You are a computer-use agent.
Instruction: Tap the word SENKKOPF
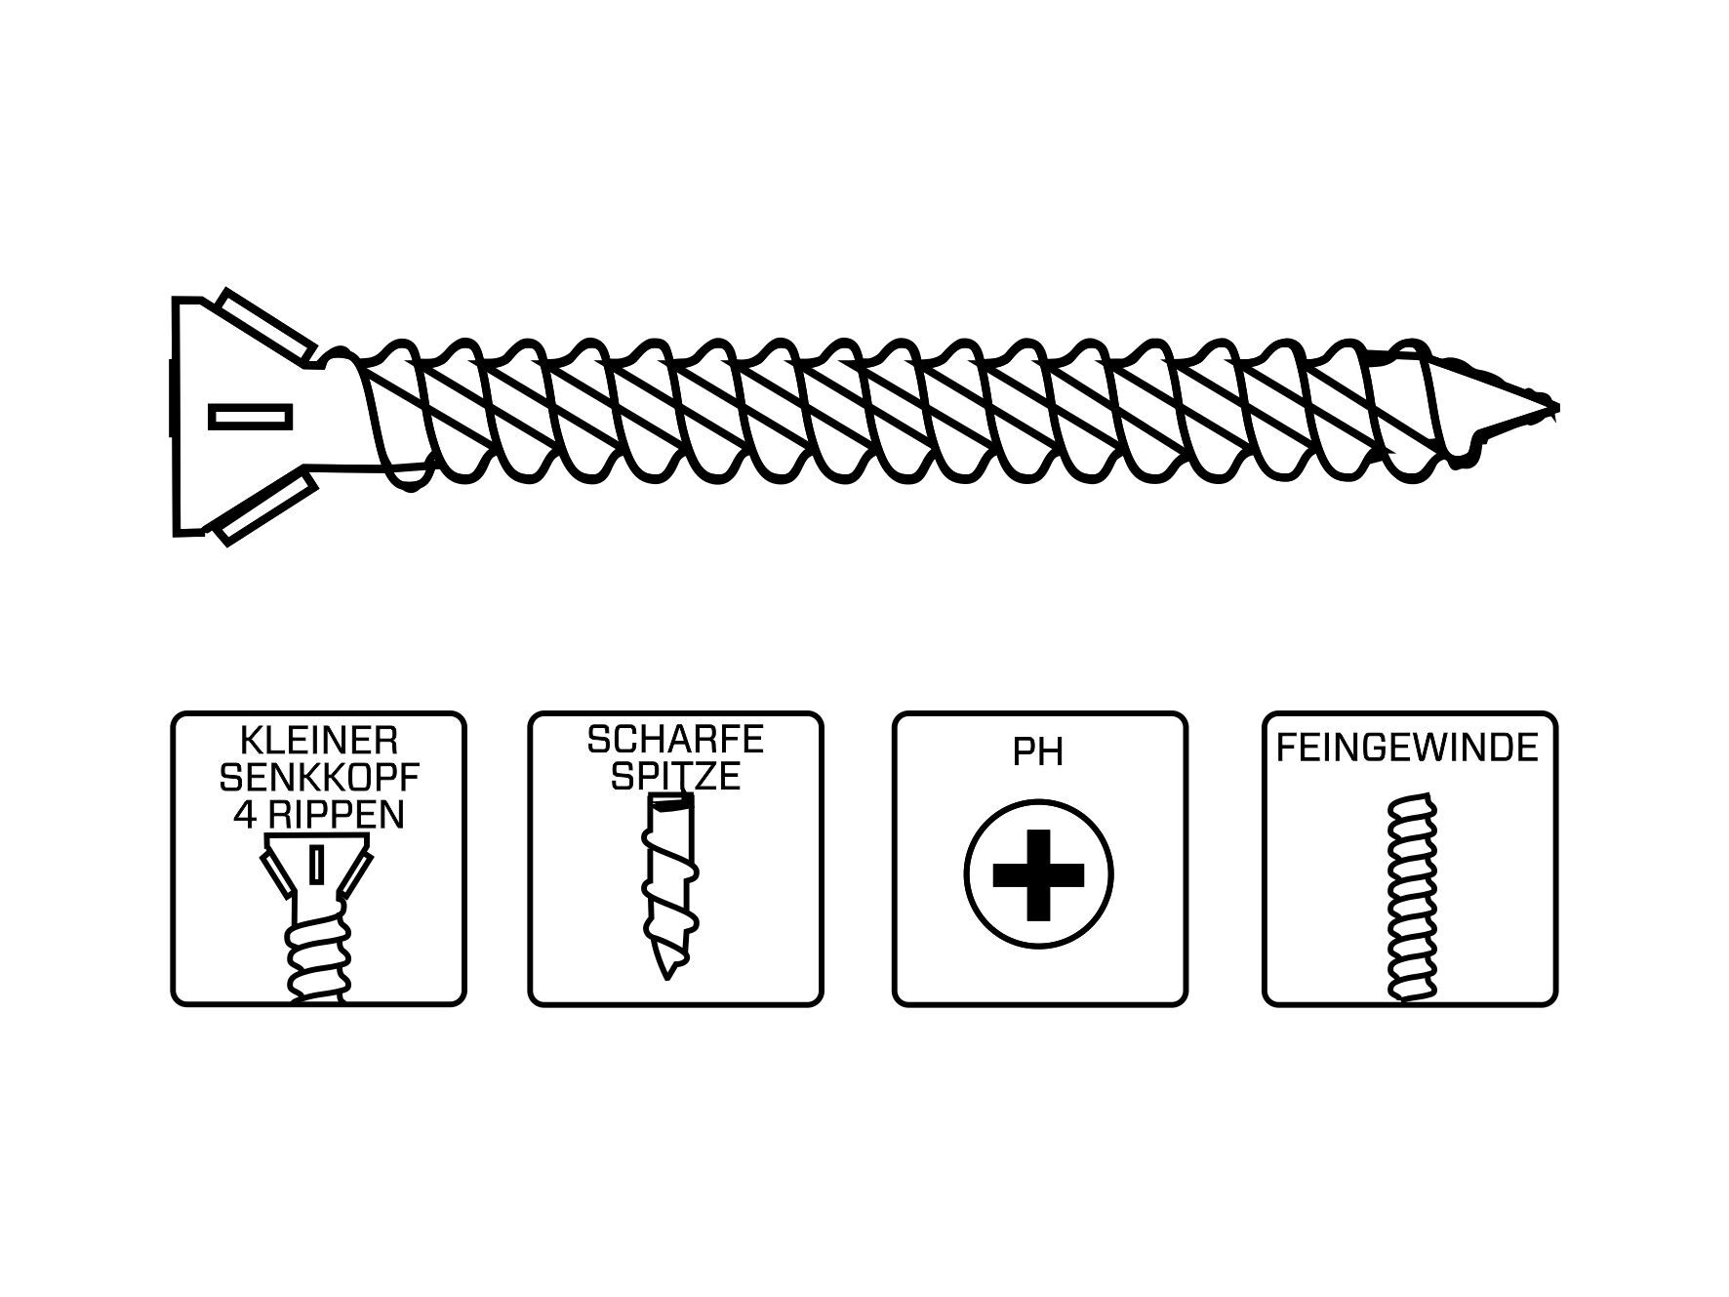coord(318,778)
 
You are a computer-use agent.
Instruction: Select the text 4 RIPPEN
coord(318,815)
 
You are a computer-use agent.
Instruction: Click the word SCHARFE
coord(675,740)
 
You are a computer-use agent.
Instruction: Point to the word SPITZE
coord(675,777)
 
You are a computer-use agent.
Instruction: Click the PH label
coord(1038,753)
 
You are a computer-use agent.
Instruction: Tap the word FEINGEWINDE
coord(1408,748)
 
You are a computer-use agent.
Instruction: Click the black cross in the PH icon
coord(1038,874)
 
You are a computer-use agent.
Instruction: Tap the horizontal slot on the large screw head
coord(251,417)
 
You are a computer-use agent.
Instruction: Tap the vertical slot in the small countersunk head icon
coord(315,865)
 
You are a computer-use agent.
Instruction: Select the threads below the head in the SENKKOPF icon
coord(316,956)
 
